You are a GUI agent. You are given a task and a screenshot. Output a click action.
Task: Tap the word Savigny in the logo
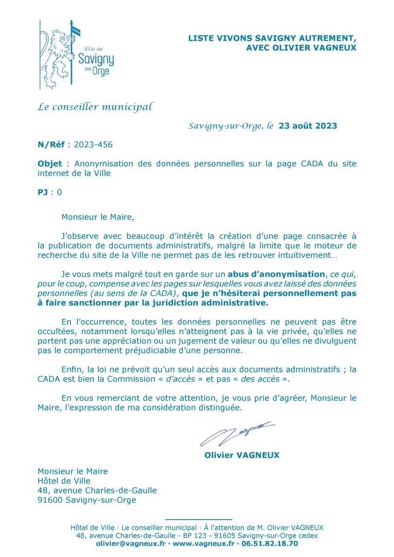point(96,61)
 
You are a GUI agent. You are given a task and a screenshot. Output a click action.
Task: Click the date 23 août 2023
point(307,126)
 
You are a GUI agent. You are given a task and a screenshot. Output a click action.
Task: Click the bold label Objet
point(50,164)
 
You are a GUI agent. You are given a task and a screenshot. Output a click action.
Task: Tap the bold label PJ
point(43,192)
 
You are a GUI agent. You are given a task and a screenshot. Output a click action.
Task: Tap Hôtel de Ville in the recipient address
point(64,481)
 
